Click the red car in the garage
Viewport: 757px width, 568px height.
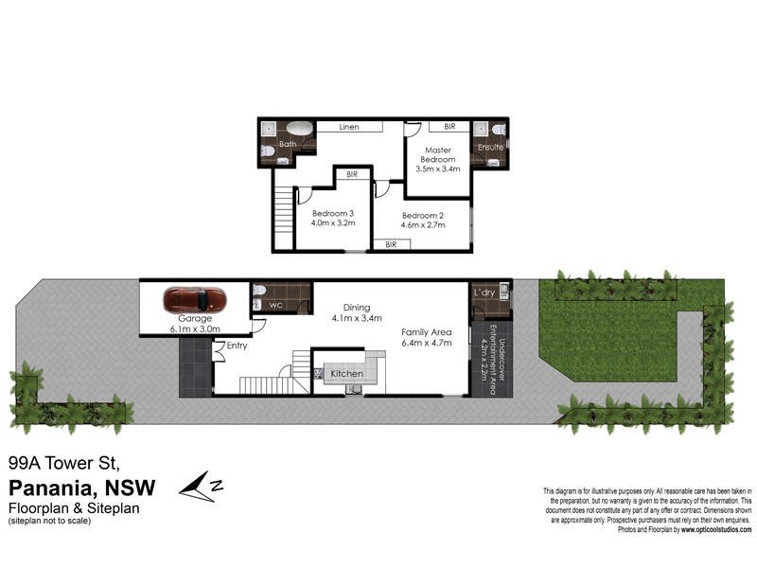195,300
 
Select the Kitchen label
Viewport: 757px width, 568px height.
346,374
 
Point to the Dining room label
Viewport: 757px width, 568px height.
356,307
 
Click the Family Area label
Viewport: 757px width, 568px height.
427,331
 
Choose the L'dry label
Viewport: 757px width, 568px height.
484,293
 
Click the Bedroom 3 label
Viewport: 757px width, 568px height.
333,213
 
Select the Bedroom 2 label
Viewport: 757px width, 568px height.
422,215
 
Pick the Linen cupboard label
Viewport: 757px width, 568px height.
349,126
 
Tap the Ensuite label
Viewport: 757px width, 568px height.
490,148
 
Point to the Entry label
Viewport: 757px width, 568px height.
238,347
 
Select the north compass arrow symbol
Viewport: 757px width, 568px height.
202,486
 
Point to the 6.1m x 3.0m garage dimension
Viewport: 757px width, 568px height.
195,329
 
